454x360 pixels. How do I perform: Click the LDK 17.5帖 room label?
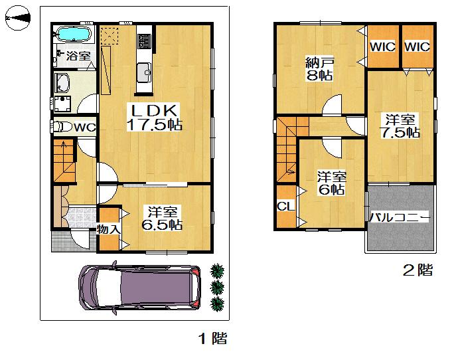[155, 117]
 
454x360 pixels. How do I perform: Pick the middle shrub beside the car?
[217, 287]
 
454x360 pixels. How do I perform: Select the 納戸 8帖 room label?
[319, 70]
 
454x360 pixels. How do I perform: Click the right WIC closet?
[417, 47]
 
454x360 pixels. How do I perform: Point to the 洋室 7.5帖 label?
[402, 126]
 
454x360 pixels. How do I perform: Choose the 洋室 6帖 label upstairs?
[331, 183]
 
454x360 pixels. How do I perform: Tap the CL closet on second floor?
[285, 206]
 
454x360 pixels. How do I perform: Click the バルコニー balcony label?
[400, 217]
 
